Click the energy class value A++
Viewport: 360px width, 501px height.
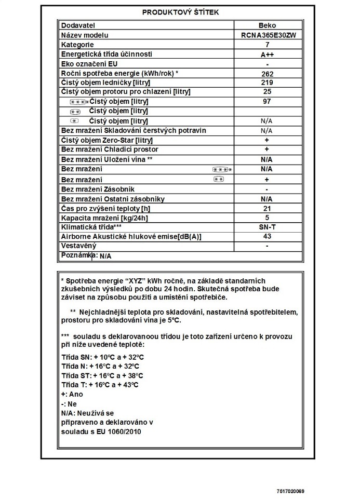point(266,55)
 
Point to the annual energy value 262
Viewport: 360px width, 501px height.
point(266,74)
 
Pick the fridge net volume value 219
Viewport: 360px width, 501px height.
point(266,83)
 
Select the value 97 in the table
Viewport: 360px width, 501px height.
point(266,101)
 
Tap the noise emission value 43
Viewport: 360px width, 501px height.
point(266,237)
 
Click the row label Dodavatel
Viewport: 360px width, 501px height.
point(78,25)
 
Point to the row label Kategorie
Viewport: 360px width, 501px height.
point(78,45)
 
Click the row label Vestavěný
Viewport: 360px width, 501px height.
point(79,246)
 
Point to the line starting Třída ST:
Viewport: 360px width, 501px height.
point(102,375)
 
